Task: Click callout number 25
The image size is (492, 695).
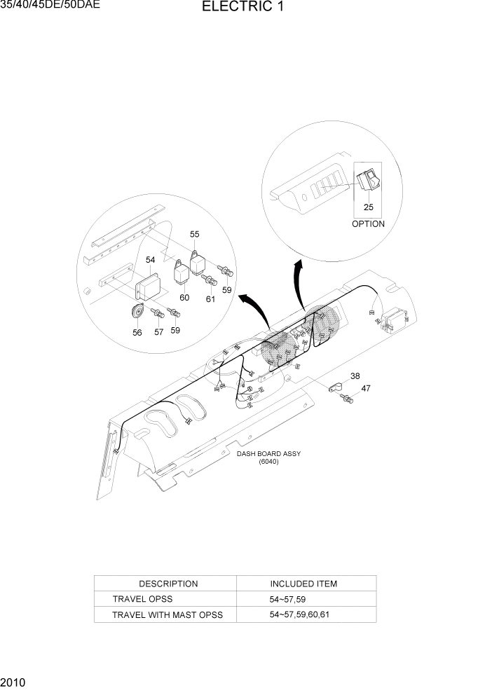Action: tap(368, 207)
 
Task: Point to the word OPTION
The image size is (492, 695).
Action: tap(368, 224)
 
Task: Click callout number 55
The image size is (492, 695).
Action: tap(194, 234)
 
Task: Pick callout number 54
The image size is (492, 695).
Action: tap(151, 260)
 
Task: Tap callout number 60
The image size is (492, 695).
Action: tap(184, 298)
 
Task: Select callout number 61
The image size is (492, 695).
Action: tap(210, 299)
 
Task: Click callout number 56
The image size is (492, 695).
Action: tap(137, 333)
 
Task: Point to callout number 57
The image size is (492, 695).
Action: tap(158, 332)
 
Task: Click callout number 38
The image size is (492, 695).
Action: tap(355, 376)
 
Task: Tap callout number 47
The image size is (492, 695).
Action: tap(365, 388)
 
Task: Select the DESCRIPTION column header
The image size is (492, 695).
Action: tap(168, 584)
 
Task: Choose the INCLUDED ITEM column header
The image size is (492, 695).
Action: tap(303, 584)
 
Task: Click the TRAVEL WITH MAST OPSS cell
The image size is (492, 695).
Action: tap(168, 615)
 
